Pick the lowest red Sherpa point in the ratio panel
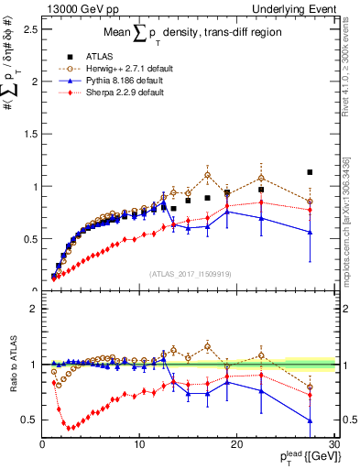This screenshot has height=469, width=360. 71,427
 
